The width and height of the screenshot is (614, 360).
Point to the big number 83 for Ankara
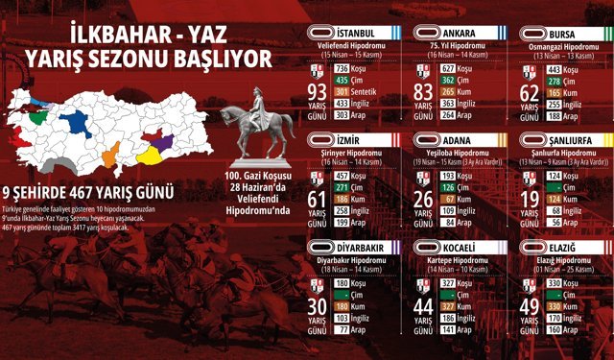(x=423, y=92)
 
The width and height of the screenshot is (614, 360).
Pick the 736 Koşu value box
(x=342, y=68)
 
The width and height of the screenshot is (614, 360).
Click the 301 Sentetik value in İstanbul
(x=342, y=91)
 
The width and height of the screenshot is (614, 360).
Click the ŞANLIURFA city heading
(x=565, y=141)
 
